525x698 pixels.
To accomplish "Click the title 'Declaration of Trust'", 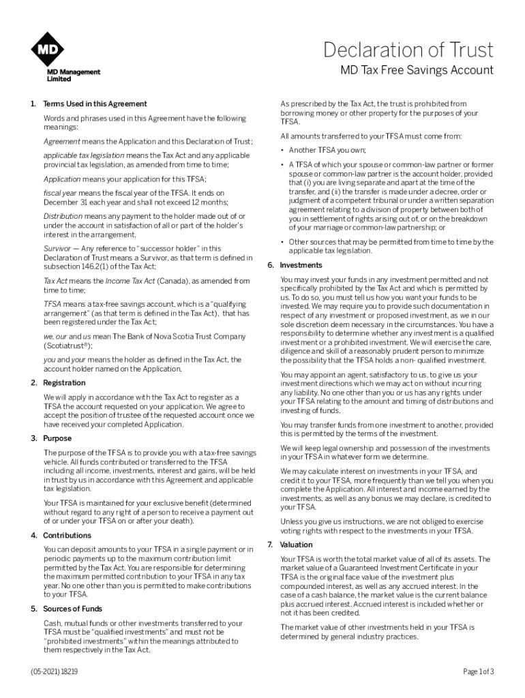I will pyautogui.click(x=409, y=50).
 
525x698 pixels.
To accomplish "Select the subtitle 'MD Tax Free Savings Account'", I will pyautogui.click(x=417, y=71).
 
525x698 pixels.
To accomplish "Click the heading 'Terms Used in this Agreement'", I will pyautogui.click(x=95, y=104).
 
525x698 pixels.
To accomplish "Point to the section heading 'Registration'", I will pyautogui.click(x=64, y=382).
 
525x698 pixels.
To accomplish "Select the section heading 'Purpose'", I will pyautogui.click(x=57, y=438).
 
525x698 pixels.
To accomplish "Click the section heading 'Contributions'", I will pyautogui.click(x=67, y=535).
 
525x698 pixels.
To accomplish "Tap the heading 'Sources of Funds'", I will pyautogui.click(x=72, y=608).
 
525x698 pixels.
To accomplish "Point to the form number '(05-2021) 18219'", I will pyautogui.click(x=54, y=671).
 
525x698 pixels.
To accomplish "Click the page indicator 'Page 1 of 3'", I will pyautogui.click(x=478, y=671).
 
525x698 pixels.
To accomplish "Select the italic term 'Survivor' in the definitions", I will pyautogui.click(x=57, y=249).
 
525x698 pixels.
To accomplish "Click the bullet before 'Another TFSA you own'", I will pyautogui.click(x=282, y=150).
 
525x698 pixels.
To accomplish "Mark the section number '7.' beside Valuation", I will pyautogui.click(x=270, y=545).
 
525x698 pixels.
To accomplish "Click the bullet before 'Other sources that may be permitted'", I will pyautogui.click(x=282, y=242).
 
